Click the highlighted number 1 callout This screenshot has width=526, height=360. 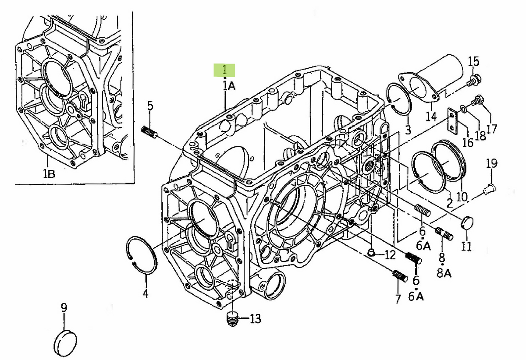click(224, 70)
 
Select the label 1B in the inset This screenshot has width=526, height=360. click(49, 174)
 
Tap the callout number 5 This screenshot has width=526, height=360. click(150, 106)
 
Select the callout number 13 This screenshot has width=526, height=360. click(255, 319)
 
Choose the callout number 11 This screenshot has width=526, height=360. click(466, 246)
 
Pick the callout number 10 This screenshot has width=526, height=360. click(462, 197)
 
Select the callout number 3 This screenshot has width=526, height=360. click(408, 130)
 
